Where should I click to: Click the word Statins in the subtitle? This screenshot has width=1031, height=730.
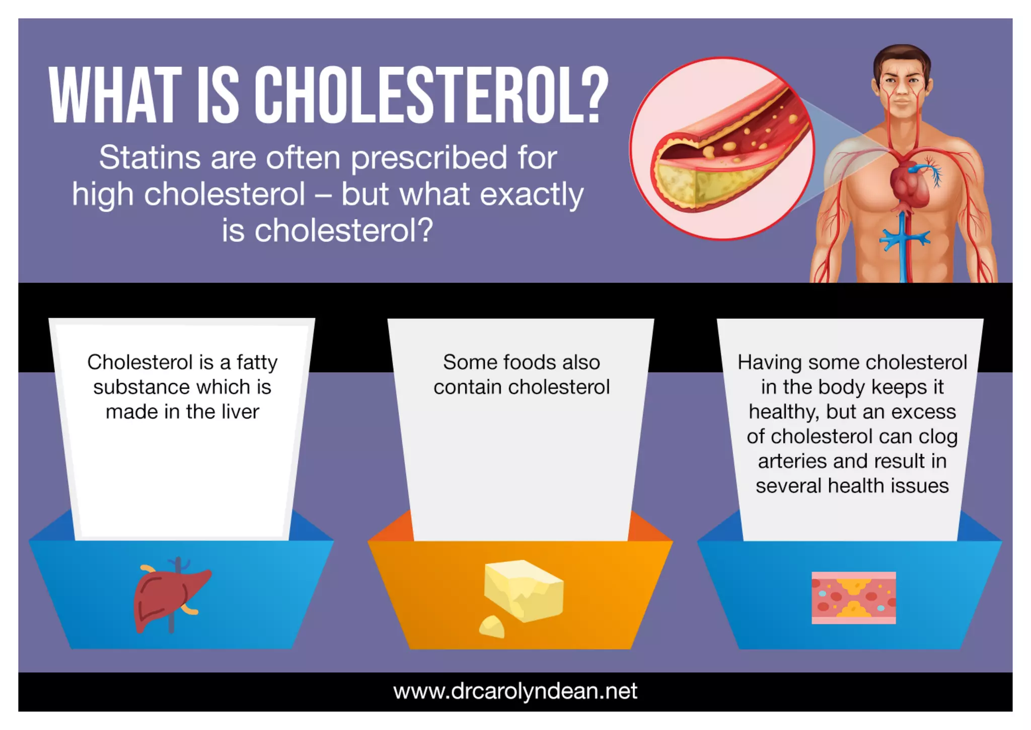point(149,158)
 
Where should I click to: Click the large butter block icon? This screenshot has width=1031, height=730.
point(524,589)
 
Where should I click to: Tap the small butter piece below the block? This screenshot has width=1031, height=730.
point(491,627)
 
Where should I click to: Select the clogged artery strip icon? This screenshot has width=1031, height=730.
point(853,598)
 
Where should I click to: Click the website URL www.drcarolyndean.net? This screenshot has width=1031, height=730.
point(515,691)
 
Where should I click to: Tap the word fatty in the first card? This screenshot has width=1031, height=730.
point(257,362)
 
